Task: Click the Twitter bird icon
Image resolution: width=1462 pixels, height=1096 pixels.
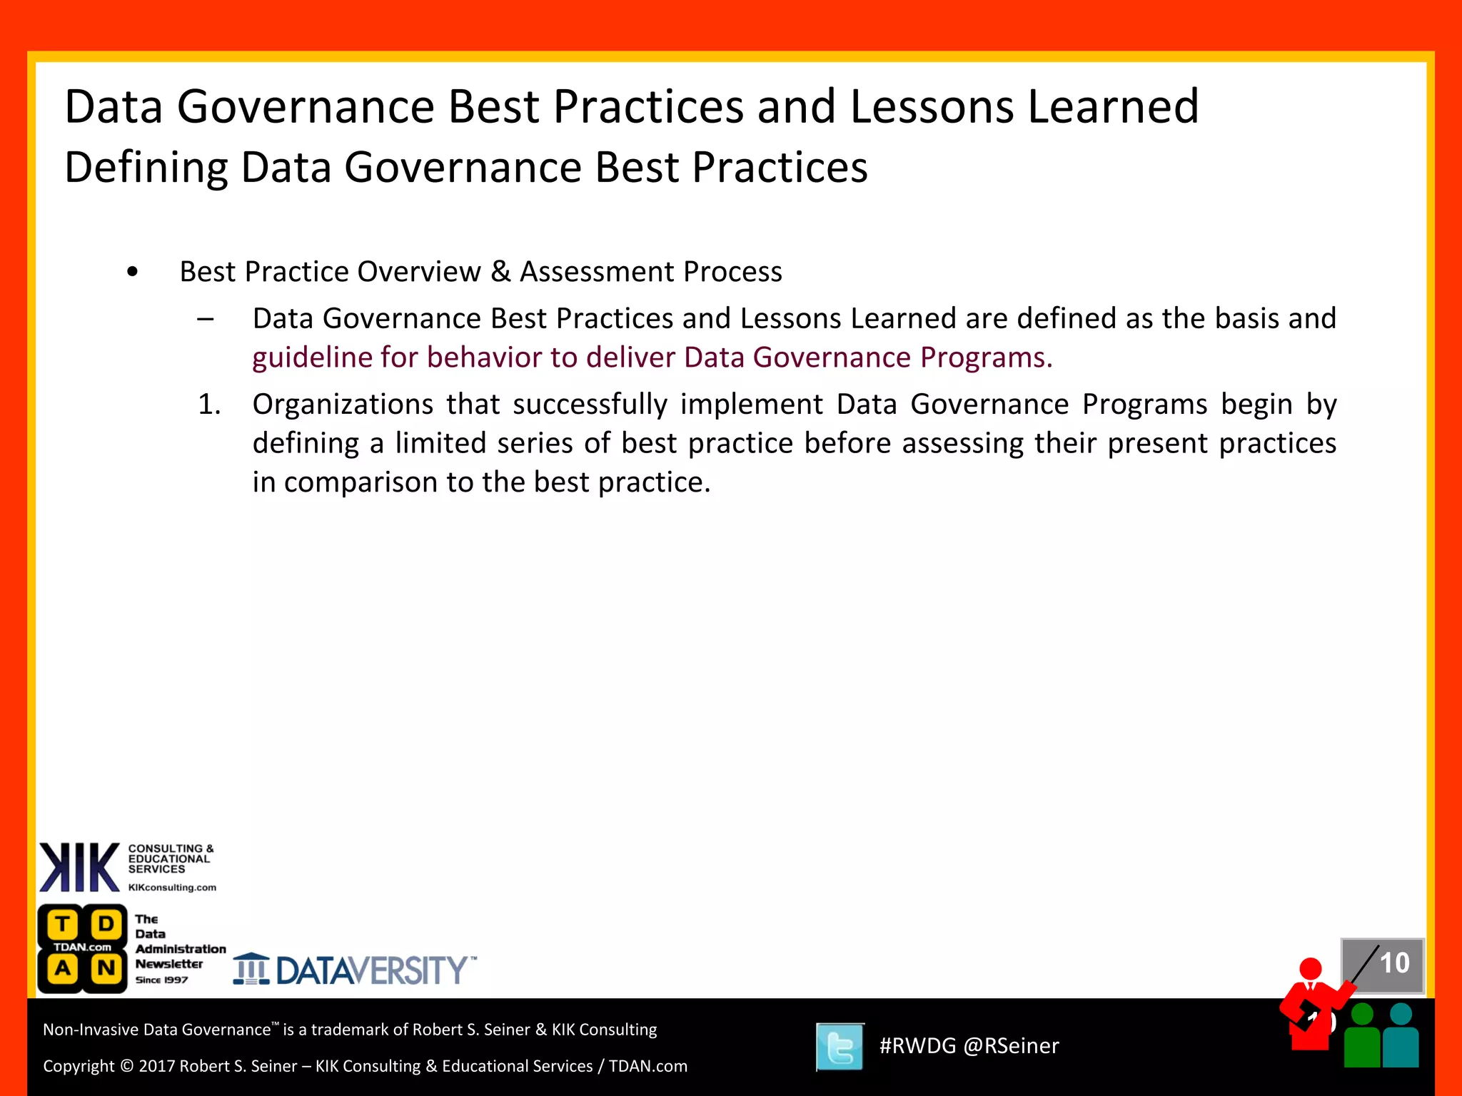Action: (x=840, y=1047)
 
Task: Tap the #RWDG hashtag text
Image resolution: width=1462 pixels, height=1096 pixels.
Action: (x=917, y=1046)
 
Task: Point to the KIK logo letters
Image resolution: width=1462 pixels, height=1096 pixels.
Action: (x=79, y=868)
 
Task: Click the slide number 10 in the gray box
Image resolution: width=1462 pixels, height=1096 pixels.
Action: (x=1394, y=963)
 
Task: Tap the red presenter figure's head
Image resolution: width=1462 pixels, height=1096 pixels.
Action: (x=1311, y=969)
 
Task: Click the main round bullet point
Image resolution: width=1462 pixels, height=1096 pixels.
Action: (x=132, y=273)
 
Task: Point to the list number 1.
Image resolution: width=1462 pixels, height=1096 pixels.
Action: (x=209, y=405)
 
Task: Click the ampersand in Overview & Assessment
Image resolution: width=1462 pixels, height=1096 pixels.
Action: (x=500, y=272)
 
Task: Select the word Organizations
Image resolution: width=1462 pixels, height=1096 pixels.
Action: (x=343, y=405)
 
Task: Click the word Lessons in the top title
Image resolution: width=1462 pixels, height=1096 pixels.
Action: (x=932, y=106)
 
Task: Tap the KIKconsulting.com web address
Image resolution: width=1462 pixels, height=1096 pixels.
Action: (x=172, y=888)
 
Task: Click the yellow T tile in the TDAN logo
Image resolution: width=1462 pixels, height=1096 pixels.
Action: (x=63, y=925)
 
